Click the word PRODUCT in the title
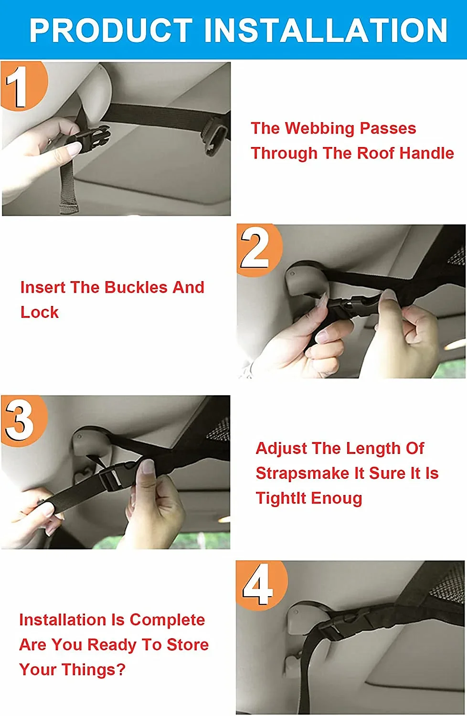111,30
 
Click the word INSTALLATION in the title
326,30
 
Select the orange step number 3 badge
24,421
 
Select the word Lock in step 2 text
40,312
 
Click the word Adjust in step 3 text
281,449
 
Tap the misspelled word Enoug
337,499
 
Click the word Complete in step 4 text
167,620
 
